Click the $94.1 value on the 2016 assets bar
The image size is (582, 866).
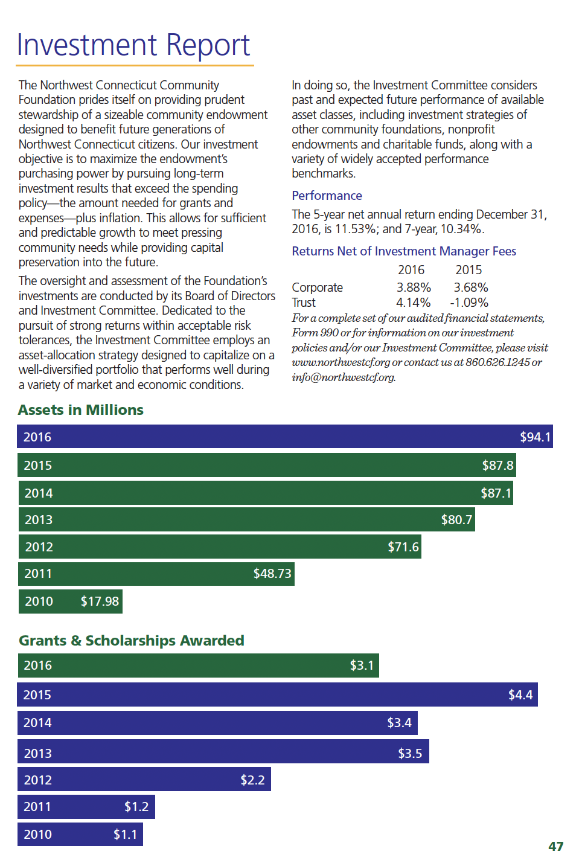click(x=535, y=437)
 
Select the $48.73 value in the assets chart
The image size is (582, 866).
click(x=272, y=573)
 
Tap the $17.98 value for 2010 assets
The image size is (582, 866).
click(x=100, y=601)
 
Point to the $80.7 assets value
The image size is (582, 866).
click(x=456, y=519)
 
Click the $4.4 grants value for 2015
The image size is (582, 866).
click(x=520, y=694)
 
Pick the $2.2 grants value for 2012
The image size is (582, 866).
click(x=252, y=780)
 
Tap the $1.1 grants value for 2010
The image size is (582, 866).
click(x=125, y=834)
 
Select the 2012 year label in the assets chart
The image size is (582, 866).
click(x=39, y=547)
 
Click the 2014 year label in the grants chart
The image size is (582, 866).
click(x=37, y=722)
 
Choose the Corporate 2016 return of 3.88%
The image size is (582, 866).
click(x=414, y=287)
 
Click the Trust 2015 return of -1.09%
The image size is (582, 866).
click(x=469, y=303)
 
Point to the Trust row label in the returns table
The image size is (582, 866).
click(x=304, y=303)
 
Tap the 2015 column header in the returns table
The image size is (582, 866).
click(x=468, y=270)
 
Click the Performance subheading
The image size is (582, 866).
click(x=327, y=196)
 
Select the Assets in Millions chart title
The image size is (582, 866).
click(x=81, y=410)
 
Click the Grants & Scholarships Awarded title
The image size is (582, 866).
click(x=132, y=640)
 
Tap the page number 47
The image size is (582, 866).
click(x=555, y=847)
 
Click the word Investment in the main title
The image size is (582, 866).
click(x=88, y=45)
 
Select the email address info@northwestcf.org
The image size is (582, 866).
click(x=344, y=377)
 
